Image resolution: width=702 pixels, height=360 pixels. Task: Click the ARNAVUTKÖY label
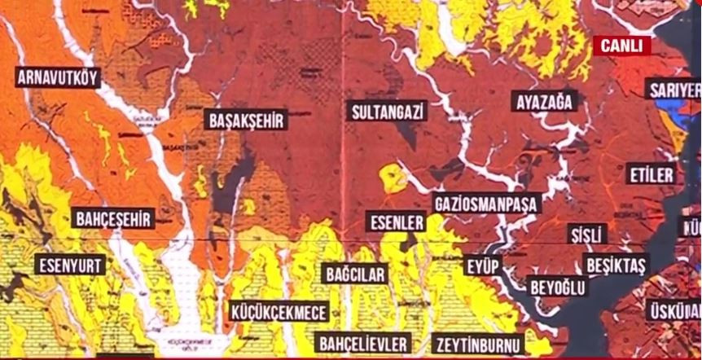tap(58, 78)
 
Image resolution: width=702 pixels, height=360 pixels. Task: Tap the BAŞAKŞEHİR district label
tap(247, 121)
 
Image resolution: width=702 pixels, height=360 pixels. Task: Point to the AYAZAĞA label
tap(546, 102)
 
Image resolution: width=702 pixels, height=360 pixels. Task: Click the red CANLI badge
tap(621, 46)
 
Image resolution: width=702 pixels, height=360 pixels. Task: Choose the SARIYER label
tap(673, 90)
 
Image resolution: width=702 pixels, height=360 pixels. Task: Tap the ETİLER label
tap(651, 174)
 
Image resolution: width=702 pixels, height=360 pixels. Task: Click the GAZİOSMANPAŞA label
tap(486, 203)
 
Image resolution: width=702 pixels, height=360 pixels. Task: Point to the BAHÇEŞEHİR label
tap(113, 218)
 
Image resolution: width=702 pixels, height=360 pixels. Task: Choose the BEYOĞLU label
tap(558, 288)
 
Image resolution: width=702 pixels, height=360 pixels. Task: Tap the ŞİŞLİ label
tap(587, 235)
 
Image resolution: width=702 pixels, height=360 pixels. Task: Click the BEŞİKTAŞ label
tap(616, 266)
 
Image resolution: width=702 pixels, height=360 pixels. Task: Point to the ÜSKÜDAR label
tap(674, 310)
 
